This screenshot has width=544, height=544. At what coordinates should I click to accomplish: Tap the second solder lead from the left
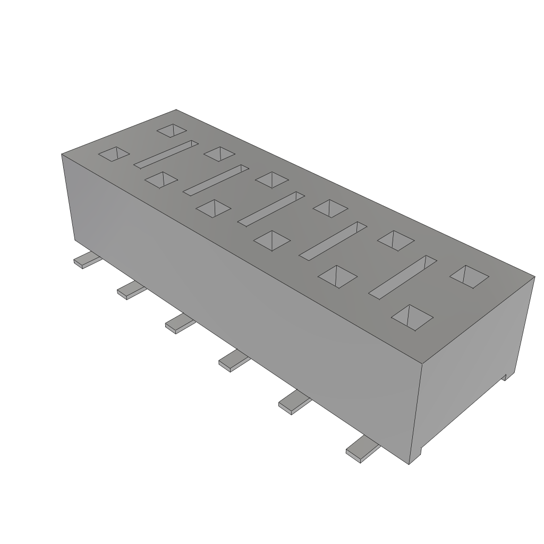click(x=130, y=290)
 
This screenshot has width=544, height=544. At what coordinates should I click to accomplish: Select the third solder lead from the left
click(x=177, y=323)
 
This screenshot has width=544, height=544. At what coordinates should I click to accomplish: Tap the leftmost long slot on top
click(x=166, y=154)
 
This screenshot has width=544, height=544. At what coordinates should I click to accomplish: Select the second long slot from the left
click(x=216, y=179)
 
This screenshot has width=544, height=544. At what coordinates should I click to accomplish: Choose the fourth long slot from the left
click(x=333, y=240)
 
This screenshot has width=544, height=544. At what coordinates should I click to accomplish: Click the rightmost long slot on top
click(x=403, y=276)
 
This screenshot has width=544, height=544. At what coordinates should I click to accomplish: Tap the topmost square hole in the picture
click(x=173, y=131)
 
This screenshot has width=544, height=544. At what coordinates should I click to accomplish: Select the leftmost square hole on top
click(x=114, y=154)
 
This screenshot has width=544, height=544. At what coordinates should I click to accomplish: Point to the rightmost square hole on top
click(x=469, y=276)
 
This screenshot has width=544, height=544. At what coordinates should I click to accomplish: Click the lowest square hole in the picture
click(x=412, y=318)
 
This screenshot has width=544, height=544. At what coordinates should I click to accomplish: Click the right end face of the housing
click(x=473, y=367)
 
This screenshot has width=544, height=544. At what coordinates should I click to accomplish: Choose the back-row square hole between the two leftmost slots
click(x=218, y=153)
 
